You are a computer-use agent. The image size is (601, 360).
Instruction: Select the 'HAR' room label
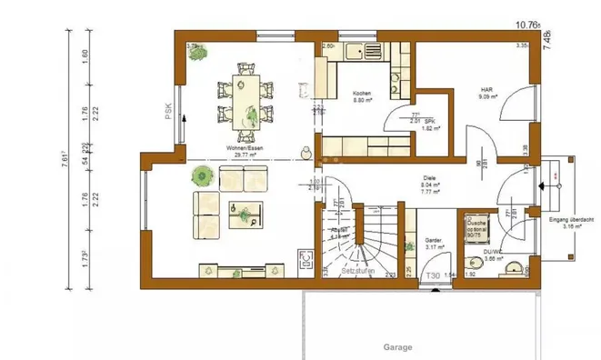pyautogui.click(x=486, y=89)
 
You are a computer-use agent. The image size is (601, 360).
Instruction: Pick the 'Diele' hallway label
pyautogui.click(x=431, y=178)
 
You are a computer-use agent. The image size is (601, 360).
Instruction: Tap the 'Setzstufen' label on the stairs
pyautogui.click(x=359, y=272)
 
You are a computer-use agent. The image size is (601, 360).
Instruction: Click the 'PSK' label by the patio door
pyautogui.click(x=169, y=111)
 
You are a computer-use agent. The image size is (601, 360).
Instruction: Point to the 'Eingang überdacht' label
pyautogui.click(x=571, y=221)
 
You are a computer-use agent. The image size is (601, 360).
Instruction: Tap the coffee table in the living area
pyautogui.click(x=245, y=215)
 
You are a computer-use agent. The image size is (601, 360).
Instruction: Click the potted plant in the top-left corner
pyautogui.click(x=196, y=53)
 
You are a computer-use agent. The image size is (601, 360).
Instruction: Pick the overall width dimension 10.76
pyautogui.click(x=526, y=25)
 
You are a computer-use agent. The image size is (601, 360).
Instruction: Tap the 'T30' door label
pyautogui.click(x=434, y=275)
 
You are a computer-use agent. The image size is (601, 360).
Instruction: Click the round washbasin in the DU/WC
pyautogui.click(x=515, y=267)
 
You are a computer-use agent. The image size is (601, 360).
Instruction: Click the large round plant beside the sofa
pyautogui.click(x=201, y=176)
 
